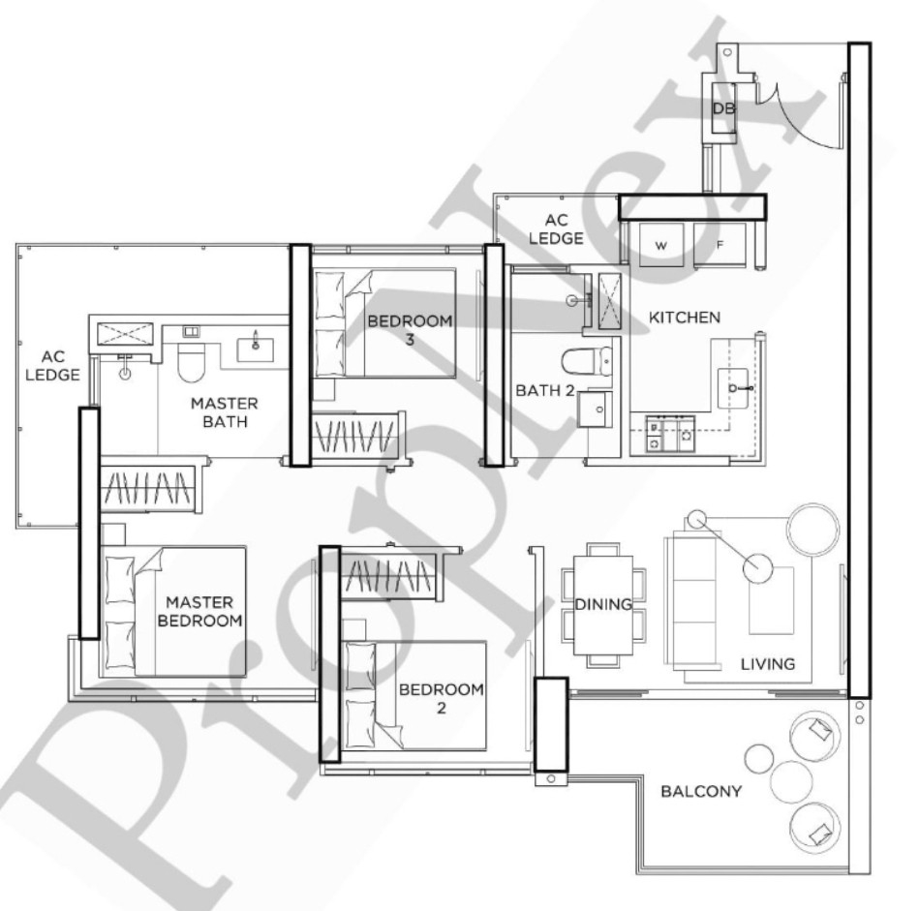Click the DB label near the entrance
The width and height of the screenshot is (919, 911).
(723, 109)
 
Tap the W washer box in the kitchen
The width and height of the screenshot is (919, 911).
(661, 245)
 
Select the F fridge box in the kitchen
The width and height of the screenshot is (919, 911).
(720, 245)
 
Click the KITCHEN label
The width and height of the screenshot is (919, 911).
(684, 318)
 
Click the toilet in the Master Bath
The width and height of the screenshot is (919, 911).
(190, 363)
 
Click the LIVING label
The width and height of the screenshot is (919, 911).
(767, 664)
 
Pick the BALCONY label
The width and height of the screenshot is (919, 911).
(700, 791)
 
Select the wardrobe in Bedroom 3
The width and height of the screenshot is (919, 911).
(355, 435)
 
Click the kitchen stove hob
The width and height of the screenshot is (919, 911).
(670, 436)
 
